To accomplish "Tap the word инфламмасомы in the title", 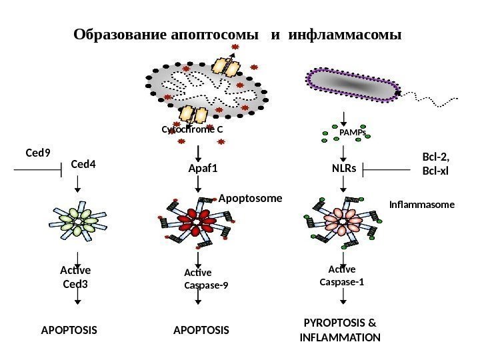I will tap(346, 33).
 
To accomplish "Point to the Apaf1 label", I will tap(204, 169).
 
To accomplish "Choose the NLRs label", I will tap(343, 169).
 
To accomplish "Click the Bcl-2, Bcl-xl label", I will tap(437, 163).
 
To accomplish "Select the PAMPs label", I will tap(353, 133).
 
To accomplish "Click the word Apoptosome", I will tap(251, 199).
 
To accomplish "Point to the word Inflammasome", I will tap(421, 206).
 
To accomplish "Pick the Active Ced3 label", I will tap(75, 277).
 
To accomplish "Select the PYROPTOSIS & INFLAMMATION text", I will tap(340, 331).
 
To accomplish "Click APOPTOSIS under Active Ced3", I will tap(69, 330).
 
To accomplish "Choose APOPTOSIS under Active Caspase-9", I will tap(201, 330).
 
